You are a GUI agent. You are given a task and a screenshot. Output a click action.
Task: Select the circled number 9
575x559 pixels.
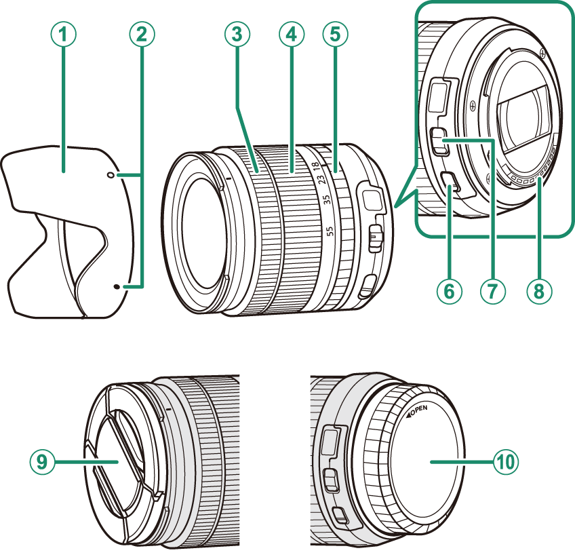click(42, 462)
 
